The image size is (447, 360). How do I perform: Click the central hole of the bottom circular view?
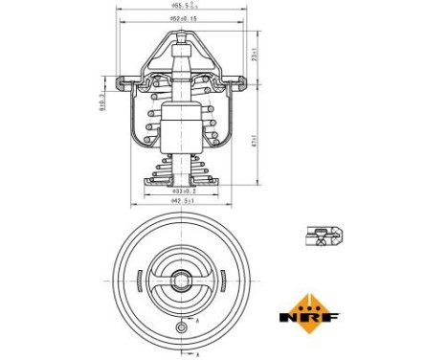(x=181, y=281)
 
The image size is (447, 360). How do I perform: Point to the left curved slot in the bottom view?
(x=141, y=282)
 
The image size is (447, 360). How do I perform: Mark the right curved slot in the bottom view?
(x=221, y=282)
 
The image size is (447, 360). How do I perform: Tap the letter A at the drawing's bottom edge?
(x=197, y=354)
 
